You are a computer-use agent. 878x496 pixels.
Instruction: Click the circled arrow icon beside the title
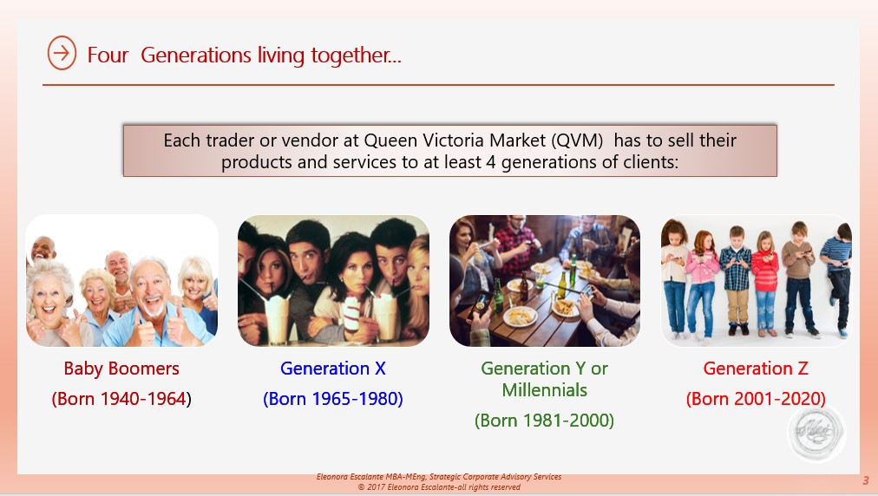coord(62,53)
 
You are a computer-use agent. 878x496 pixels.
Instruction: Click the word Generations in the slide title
coord(196,55)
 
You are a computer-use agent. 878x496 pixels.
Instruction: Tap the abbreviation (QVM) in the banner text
coord(577,140)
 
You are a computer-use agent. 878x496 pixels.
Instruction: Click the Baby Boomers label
coord(121,369)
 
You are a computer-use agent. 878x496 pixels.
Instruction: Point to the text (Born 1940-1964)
coord(121,399)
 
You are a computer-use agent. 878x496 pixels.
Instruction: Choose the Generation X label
coord(333,369)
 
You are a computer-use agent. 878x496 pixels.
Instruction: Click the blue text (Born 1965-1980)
coord(333,399)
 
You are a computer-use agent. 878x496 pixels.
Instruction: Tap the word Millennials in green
coord(544,389)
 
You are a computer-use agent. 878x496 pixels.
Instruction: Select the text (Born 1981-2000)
coord(544,420)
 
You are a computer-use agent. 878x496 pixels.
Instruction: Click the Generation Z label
coord(756,369)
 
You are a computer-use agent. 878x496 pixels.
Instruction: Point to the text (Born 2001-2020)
coord(756,399)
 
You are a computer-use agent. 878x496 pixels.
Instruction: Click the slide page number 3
coord(866,480)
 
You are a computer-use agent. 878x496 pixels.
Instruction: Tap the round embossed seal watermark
coord(816,433)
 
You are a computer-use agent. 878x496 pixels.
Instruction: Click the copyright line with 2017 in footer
coord(439,487)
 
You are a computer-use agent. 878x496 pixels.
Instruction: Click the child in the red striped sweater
coord(765,284)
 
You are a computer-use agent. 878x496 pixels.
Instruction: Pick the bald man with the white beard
coord(149,305)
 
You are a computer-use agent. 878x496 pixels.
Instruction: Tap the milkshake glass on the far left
coord(278,318)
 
